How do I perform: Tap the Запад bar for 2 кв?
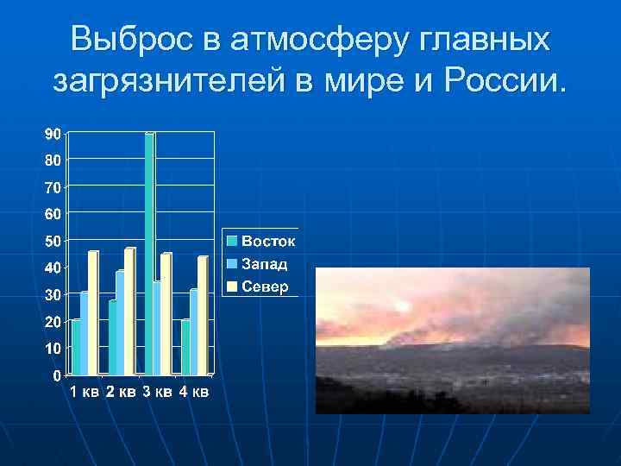coord(120,323)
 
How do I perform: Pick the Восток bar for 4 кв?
coord(185,347)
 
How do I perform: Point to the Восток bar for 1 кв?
coord(76,347)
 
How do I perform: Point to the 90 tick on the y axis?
coord(53,134)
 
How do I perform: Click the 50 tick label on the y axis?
coord(53,241)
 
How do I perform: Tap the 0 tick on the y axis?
coord(56,375)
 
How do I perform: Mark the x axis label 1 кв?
coord(85,394)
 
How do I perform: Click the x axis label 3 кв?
coord(158,394)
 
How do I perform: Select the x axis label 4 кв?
coord(194,394)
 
